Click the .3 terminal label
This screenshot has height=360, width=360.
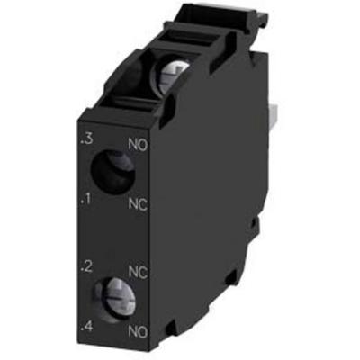click(85, 139)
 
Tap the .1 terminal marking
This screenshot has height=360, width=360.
click(86, 197)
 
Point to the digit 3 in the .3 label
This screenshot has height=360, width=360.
click(88, 139)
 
